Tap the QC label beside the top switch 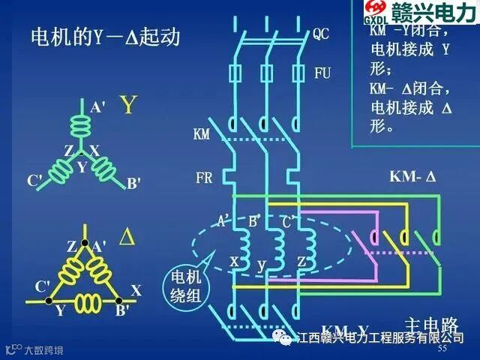coord(322,34)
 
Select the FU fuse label coord(322,73)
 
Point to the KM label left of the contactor coord(201,135)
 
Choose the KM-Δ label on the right coord(412,178)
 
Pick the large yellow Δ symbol coord(127,237)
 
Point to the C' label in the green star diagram coord(34,181)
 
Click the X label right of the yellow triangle coord(136,289)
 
